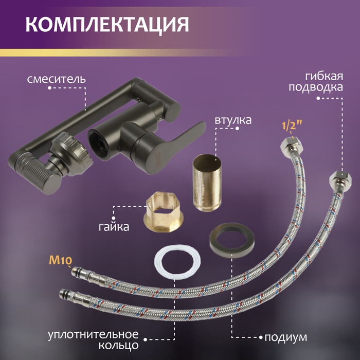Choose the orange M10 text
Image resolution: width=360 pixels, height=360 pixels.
coord(60,260)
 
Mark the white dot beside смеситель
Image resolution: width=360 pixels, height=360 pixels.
coord(49,88)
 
